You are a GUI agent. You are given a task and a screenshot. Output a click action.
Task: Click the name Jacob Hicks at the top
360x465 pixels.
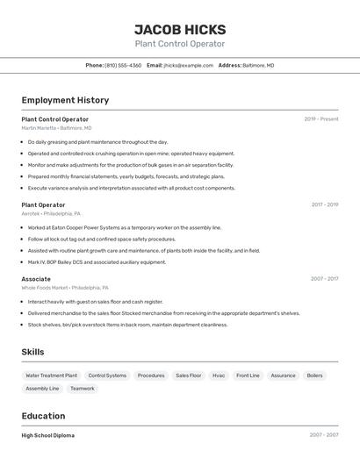coord(179,29)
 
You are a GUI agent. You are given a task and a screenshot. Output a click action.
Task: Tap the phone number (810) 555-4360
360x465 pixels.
coord(123,65)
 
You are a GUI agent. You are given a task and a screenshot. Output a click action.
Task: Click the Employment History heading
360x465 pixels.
coord(65,100)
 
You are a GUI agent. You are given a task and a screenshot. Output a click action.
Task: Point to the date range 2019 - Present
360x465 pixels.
coord(321,119)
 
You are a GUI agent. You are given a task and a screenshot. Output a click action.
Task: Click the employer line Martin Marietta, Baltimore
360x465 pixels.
coord(56,128)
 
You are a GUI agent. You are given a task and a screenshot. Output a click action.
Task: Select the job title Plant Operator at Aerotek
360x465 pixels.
coord(43,204)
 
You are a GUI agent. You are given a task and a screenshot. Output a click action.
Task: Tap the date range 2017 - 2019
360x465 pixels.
coord(324,204)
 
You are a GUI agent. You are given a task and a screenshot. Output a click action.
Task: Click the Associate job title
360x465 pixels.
coord(36,279)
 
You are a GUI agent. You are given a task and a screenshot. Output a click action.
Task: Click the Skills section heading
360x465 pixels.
coord(32,352)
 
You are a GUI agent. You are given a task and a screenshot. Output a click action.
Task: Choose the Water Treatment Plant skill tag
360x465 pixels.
coord(51,376)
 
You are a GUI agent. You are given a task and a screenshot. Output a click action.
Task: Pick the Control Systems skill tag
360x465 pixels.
coord(107,376)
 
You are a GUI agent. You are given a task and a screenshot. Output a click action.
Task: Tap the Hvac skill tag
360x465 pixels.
coord(219,376)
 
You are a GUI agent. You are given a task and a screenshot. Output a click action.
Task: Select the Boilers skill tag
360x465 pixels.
coord(314,376)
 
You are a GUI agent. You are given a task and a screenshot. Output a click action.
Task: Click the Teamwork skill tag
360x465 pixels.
coord(82,389)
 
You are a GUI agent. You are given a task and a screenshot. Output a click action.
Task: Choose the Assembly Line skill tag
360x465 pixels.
coord(42,389)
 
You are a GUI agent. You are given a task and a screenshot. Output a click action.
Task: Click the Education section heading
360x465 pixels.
coord(43,416)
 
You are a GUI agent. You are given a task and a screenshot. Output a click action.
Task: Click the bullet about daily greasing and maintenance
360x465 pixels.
coord(97,142)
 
